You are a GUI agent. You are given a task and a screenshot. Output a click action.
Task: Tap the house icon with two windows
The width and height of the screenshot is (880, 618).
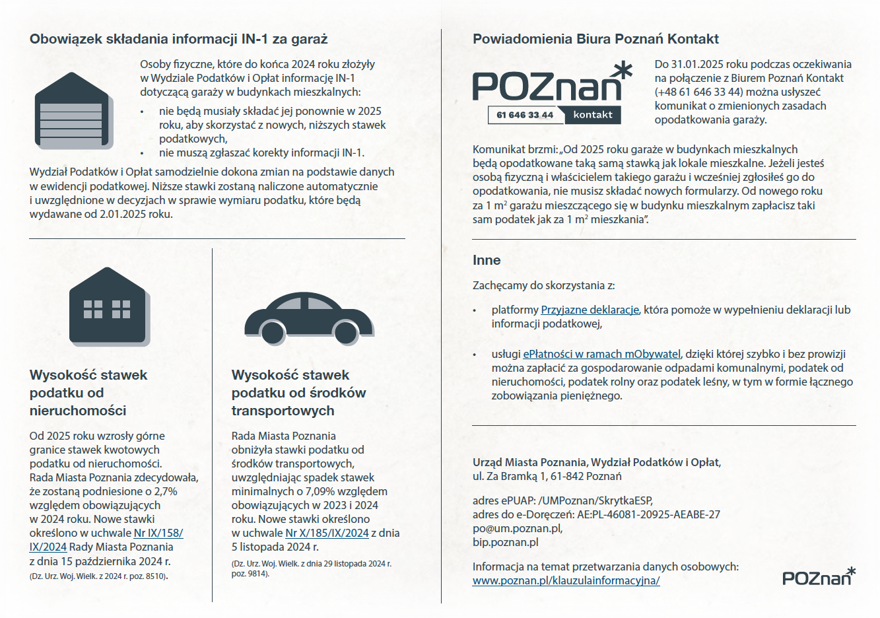(x=108, y=306)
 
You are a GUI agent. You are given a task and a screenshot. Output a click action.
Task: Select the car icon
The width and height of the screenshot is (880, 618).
(x=309, y=318)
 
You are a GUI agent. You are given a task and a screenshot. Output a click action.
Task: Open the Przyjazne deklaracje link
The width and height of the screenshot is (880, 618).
(x=590, y=310)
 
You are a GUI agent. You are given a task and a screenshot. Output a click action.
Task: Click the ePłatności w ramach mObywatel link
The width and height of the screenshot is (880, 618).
(x=601, y=354)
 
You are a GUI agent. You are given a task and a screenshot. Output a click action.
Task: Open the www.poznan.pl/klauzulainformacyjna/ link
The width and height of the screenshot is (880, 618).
(x=566, y=580)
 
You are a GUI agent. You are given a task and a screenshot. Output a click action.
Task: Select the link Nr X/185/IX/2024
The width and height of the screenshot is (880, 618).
(x=327, y=533)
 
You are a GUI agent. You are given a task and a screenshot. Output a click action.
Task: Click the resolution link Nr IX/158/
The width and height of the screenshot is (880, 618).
(x=158, y=533)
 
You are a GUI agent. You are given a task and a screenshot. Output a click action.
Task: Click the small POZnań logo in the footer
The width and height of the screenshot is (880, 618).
(x=819, y=576)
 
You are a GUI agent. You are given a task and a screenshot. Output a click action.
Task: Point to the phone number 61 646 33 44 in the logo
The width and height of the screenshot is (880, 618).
(x=525, y=115)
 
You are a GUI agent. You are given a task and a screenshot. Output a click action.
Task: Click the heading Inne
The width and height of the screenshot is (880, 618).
(x=487, y=260)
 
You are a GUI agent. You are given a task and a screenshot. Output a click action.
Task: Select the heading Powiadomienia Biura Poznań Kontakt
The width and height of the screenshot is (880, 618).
(x=595, y=39)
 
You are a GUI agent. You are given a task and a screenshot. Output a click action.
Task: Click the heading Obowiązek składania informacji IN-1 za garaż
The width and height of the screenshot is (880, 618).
(x=178, y=39)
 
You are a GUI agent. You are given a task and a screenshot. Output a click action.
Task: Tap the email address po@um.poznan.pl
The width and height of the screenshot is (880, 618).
(x=517, y=528)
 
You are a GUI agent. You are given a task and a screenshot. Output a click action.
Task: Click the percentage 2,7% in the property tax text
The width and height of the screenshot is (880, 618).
(x=166, y=491)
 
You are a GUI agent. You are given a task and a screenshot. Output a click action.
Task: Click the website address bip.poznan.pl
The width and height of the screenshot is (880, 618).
(x=505, y=542)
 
